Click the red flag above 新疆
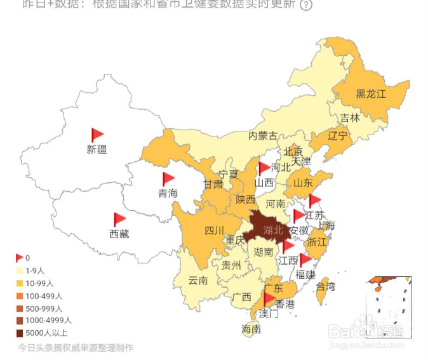click(97, 135)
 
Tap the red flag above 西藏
click(119, 219)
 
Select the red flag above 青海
click(168, 179)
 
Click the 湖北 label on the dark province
click(273, 230)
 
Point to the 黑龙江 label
click(371, 95)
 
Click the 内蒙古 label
click(263, 136)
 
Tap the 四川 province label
click(214, 230)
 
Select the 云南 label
click(198, 280)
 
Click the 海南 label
click(251, 330)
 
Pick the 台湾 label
click(325, 287)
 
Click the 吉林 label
click(350, 118)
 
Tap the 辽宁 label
click(338, 137)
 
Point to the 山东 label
click(302, 183)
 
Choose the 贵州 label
click(231, 265)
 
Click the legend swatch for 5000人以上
click(19, 333)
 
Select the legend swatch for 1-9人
click(19, 270)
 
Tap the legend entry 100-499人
click(44, 295)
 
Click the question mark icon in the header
click(306, 5)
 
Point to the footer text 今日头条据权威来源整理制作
click(76, 348)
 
